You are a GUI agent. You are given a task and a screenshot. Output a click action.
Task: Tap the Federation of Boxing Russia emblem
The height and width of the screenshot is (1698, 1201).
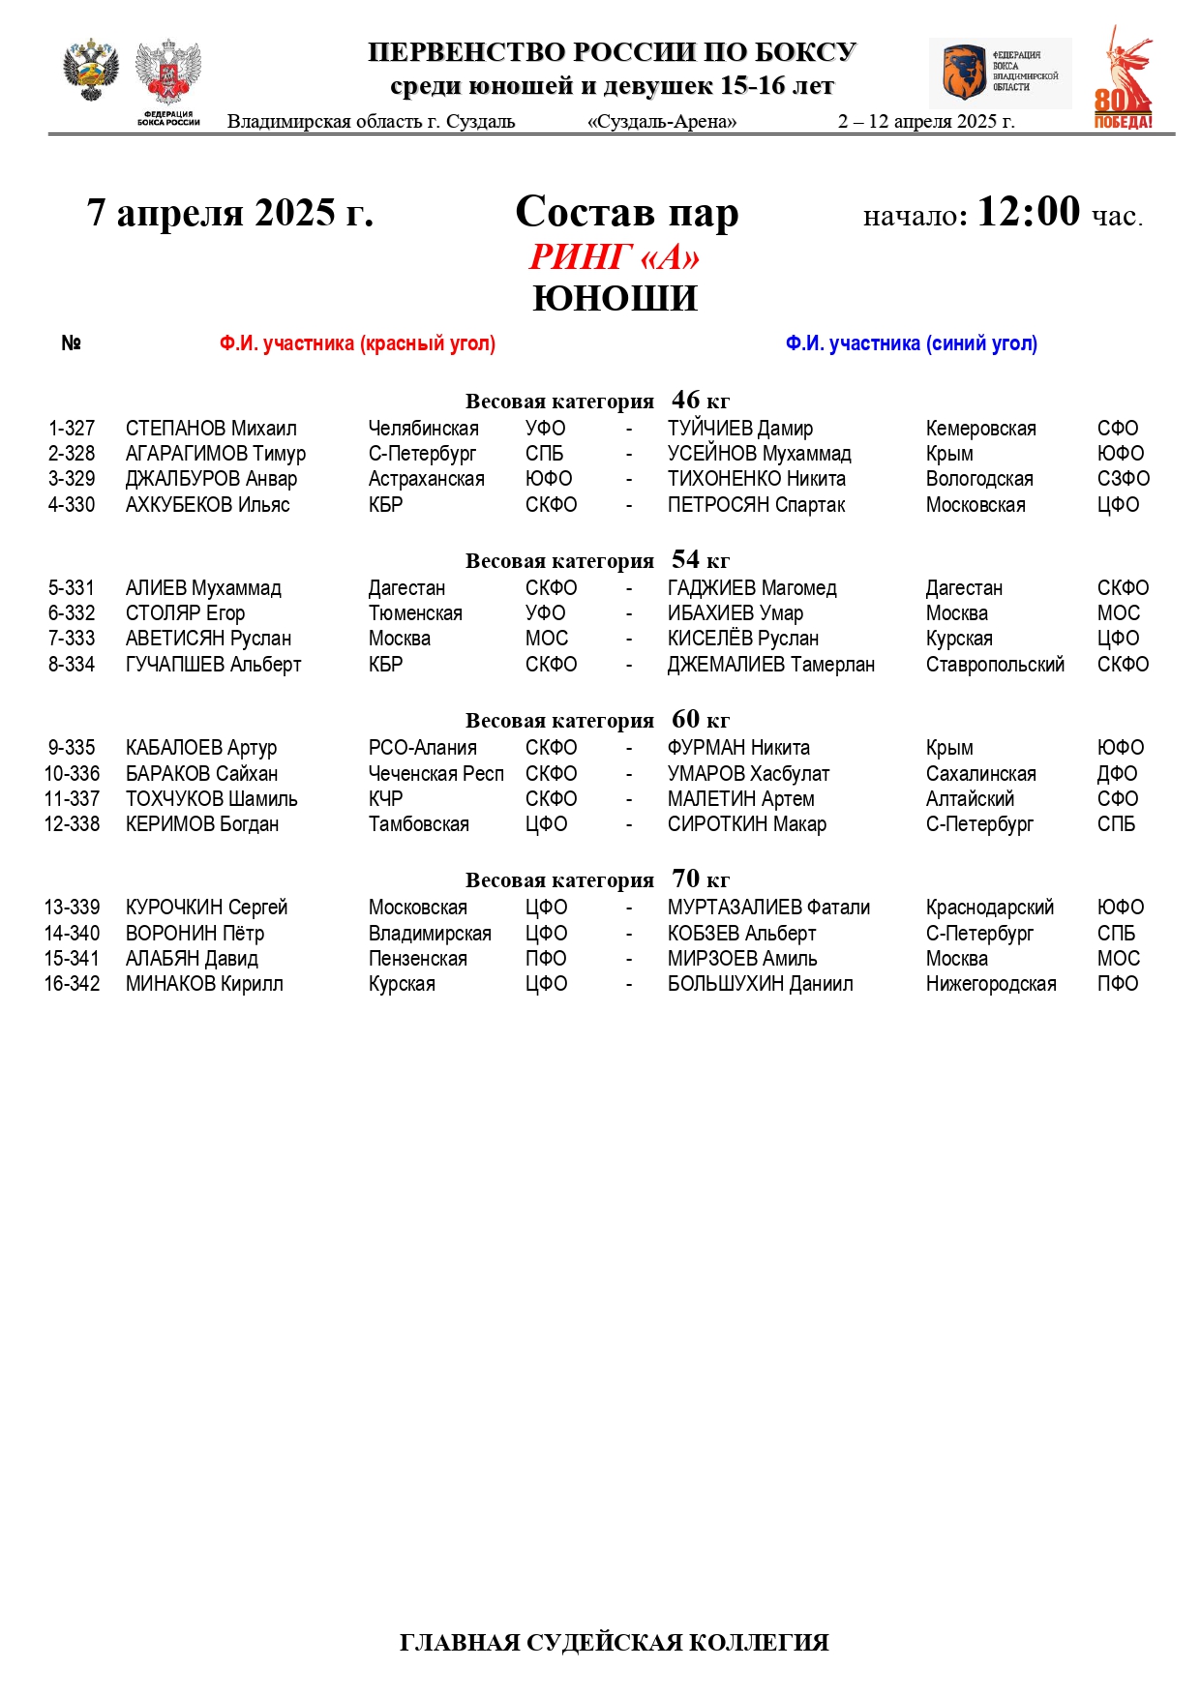168,81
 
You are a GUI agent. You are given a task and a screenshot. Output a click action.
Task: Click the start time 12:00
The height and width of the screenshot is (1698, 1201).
1028,212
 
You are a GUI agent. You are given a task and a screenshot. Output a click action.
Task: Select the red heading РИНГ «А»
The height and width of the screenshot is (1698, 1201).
614,257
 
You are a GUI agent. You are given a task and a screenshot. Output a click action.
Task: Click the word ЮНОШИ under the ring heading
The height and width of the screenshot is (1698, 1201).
615,299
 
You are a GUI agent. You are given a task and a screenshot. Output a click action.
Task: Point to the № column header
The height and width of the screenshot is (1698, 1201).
71,343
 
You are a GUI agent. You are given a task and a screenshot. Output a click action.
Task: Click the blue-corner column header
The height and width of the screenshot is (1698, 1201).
911,343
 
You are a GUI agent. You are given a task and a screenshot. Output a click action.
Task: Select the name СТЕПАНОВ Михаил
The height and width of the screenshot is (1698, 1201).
211,429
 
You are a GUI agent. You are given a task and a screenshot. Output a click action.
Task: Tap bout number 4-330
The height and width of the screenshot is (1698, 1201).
72,505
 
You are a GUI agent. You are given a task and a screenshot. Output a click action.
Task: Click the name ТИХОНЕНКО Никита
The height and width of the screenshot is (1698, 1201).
756,479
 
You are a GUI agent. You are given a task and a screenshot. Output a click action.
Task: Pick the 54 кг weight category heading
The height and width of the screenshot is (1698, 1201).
597,560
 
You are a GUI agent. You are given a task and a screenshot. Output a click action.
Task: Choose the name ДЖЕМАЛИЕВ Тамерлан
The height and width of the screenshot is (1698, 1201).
770,665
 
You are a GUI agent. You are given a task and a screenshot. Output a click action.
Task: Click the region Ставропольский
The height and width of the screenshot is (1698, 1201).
994,665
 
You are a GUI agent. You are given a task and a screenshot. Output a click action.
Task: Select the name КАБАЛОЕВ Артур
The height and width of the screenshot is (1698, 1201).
201,748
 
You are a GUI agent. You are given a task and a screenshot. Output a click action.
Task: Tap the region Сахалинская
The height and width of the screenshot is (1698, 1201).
980,774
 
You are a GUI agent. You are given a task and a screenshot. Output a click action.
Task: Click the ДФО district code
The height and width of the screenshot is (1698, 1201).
1117,774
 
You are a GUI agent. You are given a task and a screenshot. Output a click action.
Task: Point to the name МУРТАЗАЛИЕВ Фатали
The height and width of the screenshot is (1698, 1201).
768,908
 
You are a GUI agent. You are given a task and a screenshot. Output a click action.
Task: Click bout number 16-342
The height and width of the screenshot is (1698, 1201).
72,984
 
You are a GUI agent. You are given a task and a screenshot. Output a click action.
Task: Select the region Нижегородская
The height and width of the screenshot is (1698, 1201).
990,984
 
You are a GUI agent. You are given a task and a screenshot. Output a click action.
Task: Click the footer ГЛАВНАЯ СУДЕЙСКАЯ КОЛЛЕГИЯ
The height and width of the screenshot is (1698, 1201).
614,1643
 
